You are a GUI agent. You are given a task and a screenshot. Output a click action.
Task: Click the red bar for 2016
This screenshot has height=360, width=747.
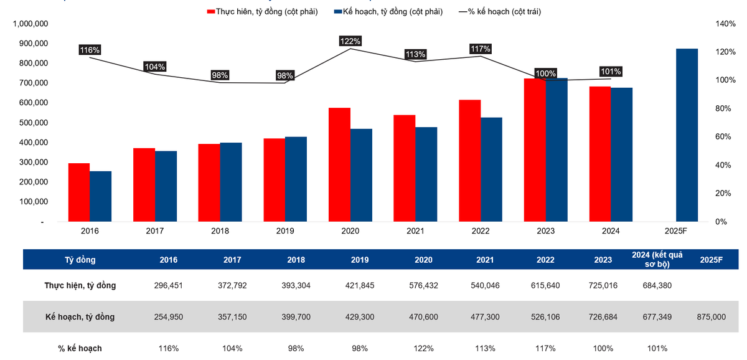78,192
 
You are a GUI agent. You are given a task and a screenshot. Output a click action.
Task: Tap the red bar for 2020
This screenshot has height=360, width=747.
339,164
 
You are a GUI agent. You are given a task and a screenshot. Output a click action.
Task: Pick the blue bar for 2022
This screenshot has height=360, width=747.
491,169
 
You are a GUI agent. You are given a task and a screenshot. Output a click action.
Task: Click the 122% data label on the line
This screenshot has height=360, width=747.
350,41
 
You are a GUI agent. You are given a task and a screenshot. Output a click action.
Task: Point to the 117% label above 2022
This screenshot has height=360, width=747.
481,49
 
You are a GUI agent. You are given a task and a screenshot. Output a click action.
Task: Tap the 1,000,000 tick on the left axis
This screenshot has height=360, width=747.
27,24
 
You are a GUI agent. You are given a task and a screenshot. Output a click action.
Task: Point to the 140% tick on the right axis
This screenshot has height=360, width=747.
726,24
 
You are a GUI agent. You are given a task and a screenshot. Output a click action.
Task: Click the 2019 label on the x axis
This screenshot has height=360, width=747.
285,231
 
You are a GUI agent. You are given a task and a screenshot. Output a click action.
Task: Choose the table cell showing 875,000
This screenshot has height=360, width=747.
711,317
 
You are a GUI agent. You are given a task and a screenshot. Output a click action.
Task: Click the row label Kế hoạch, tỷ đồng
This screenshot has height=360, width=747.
80,317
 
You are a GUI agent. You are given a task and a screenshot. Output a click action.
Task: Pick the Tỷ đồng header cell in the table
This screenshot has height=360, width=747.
80,260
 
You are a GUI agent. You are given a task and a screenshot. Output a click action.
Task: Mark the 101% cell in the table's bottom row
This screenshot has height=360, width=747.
657,348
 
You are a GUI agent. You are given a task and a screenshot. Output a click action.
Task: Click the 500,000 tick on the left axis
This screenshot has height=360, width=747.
27,123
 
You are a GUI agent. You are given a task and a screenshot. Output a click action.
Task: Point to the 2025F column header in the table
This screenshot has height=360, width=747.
711,260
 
